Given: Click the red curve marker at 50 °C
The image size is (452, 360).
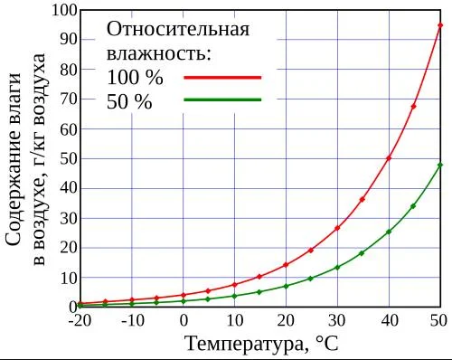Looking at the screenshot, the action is (x=440, y=25).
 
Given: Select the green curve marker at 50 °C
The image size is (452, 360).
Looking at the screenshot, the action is (x=440, y=166).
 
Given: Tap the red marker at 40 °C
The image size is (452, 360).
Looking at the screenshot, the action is (x=389, y=158).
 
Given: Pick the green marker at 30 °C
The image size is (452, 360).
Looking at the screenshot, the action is (x=337, y=268).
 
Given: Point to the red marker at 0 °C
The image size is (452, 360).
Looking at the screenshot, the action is (x=184, y=295).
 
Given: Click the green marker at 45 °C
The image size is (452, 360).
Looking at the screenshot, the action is (x=413, y=206).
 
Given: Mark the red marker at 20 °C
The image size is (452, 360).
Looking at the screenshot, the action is (x=286, y=265).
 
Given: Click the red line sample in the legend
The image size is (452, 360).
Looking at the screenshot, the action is (x=222, y=78).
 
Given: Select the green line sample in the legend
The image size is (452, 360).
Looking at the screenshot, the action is (x=222, y=99).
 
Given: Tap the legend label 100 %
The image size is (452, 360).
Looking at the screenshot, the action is (x=135, y=77).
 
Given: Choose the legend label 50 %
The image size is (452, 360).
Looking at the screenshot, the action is (x=129, y=101).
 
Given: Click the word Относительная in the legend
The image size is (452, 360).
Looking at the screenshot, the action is (x=178, y=30).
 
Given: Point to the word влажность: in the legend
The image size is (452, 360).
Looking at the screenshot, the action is (x=159, y=53).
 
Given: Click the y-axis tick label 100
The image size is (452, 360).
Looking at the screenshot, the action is (x=65, y=10).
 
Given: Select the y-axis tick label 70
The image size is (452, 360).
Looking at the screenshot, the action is (x=69, y=99).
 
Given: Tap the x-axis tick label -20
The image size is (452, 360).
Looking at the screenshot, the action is (x=79, y=320).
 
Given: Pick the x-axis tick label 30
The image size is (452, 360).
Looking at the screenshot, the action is (x=337, y=320).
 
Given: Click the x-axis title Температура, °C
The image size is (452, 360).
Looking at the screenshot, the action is (x=262, y=344).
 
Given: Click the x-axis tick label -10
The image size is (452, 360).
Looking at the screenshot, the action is (x=132, y=320).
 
